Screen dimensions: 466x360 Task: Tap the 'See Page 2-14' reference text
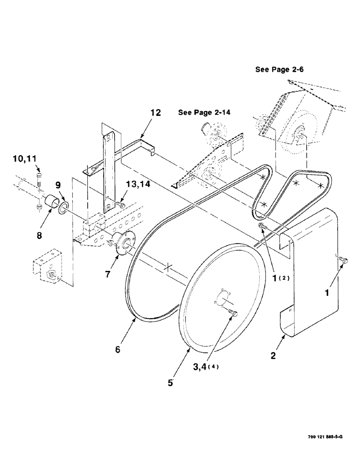click(206, 113)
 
